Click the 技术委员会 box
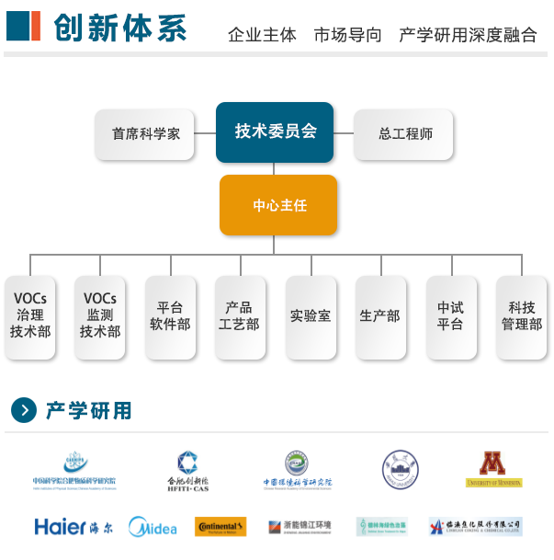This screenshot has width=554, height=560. pos(275,132)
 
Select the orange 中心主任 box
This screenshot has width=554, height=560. pos(278,205)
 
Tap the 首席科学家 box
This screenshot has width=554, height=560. pos(145,133)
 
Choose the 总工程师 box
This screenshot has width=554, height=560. pos(405,133)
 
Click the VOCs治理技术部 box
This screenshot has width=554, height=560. pos(30,315)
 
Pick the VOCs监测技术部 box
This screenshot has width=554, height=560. pos(100,315)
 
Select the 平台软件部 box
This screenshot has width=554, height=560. pos(170,315)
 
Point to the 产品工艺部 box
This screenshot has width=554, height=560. pos(240,315)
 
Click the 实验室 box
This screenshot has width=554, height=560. pos(310,315)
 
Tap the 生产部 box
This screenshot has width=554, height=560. pos(379,315)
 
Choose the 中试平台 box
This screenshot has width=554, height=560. pos(450,315)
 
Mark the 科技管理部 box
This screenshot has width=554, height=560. pos(521,315)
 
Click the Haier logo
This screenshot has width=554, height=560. pos(73,527)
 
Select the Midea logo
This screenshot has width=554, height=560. pos(153,527)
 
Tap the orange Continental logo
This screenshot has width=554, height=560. pos(220,527)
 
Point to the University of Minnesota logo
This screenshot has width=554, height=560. pos(493,469)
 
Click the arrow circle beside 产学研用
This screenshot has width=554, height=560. pos(24,410)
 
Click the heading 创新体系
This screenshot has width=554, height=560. pos(119,29)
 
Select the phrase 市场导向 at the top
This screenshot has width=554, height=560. pos(347,35)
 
